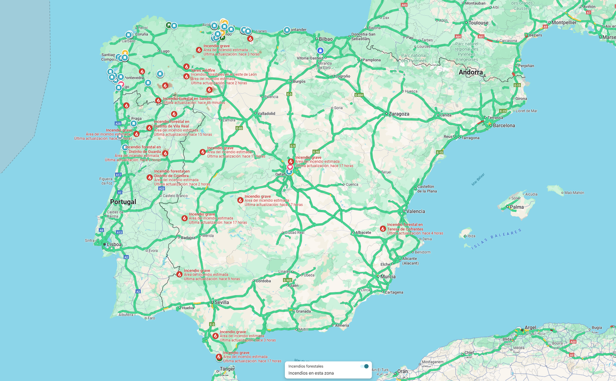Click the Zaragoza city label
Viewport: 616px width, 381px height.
(399, 114)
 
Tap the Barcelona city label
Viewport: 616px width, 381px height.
(503, 126)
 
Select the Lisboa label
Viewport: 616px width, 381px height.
(114, 244)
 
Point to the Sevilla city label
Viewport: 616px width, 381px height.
(222, 302)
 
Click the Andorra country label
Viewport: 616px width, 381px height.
(470, 73)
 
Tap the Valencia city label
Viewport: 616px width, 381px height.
(415, 211)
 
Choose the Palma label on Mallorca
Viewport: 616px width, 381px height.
(517, 207)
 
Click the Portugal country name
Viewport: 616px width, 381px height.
(123, 202)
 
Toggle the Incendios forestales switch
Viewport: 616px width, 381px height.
(365, 366)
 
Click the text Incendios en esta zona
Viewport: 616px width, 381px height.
(311, 373)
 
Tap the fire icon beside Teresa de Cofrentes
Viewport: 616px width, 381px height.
(383, 229)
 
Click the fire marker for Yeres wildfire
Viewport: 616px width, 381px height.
(186, 67)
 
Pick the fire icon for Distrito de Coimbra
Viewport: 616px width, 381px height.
(150, 178)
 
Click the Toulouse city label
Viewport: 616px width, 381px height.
(478, 23)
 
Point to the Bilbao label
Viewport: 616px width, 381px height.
(326, 38)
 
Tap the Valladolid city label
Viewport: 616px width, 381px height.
(266, 114)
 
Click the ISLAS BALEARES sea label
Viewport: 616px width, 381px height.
(497, 239)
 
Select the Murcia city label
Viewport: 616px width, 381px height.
(387, 277)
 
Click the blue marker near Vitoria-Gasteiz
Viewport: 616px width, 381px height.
(320, 51)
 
